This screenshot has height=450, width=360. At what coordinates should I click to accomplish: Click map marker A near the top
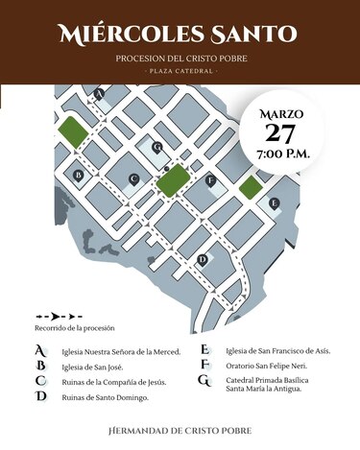click(99, 93)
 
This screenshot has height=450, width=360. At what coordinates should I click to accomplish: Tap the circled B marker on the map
click(78, 175)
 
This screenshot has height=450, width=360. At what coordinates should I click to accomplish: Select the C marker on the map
click(133, 179)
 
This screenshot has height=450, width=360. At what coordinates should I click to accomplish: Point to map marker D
click(202, 259)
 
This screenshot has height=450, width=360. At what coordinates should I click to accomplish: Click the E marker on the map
click(275, 202)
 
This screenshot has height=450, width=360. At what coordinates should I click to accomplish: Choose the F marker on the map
click(209, 179)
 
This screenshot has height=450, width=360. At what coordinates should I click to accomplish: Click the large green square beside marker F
click(174, 179)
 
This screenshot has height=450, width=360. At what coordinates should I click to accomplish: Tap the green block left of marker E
click(250, 187)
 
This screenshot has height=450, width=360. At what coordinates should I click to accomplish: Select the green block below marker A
click(71, 130)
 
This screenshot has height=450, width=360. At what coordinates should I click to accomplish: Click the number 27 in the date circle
click(281, 132)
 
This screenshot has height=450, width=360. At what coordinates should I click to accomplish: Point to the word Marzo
click(281, 113)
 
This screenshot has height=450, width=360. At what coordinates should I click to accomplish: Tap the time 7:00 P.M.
click(281, 153)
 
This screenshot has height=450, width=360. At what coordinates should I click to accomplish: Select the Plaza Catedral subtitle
click(180, 72)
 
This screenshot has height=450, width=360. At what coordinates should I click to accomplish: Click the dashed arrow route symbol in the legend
click(59, 316)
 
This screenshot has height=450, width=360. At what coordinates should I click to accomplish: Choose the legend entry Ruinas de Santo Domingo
click(105, 397)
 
